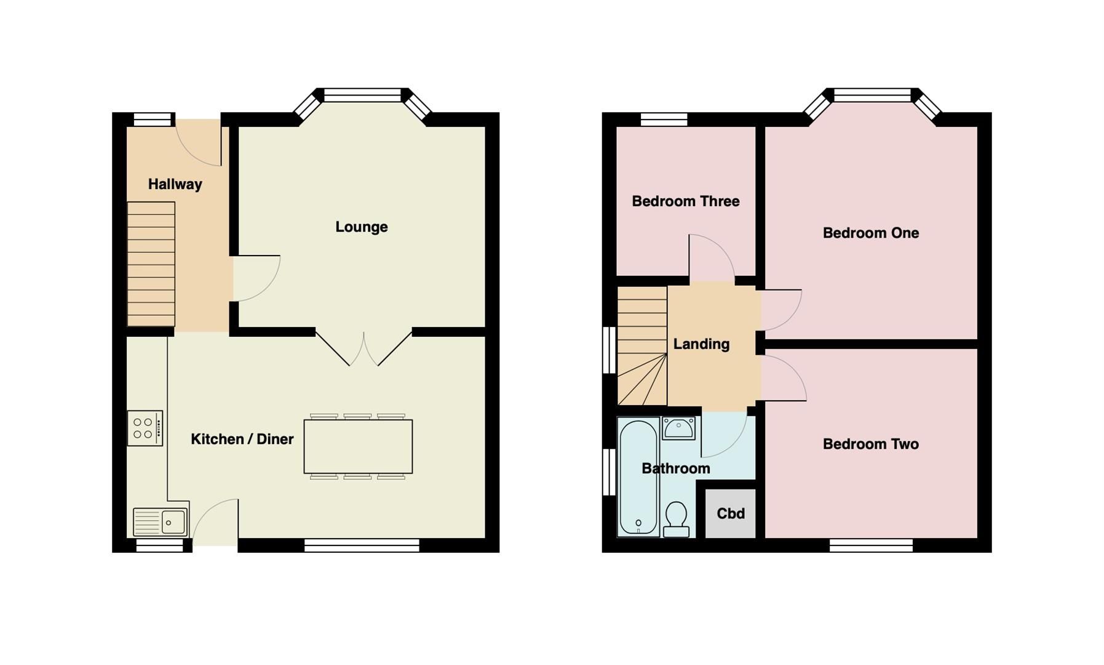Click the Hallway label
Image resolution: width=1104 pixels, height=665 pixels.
175,184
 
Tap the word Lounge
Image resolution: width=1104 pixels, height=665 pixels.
361,227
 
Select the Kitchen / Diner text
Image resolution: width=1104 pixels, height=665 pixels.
242,439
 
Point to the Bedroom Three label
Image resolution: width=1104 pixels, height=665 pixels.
685,201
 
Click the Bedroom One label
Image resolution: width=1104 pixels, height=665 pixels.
870,233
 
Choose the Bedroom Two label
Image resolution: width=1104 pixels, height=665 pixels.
870,444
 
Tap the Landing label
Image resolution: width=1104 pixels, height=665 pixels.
701,344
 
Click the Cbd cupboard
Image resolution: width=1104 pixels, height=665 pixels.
730,513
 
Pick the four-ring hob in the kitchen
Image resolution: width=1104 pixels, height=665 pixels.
145,428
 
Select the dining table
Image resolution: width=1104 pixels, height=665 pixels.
358,446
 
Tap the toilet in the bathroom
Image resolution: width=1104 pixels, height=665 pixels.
676,519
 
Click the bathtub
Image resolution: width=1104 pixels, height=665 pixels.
638,477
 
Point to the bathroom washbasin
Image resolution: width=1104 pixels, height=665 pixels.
678,428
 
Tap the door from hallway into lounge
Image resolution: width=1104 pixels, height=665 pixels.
255,278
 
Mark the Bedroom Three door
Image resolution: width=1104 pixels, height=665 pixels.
712,259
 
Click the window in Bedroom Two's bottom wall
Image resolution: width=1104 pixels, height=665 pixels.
870,545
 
